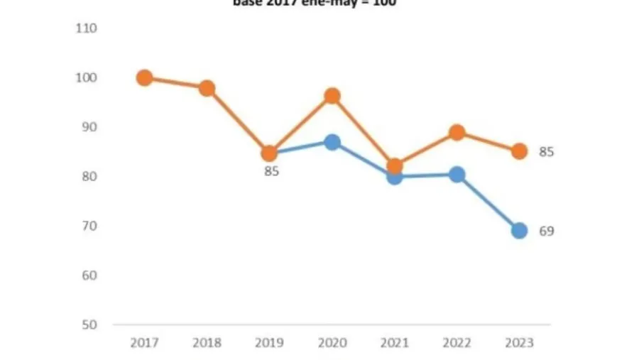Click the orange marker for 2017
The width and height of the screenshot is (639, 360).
144,78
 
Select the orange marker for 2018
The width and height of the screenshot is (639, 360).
207,89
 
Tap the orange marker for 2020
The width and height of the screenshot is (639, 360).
332,96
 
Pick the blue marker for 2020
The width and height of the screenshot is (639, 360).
332,142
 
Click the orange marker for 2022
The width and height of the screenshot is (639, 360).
457,133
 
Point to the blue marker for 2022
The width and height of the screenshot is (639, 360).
457,175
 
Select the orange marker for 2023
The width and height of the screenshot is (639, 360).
519,151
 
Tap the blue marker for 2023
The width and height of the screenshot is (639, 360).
519,231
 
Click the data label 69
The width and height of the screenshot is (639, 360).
546,231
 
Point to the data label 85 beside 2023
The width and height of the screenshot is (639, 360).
546,152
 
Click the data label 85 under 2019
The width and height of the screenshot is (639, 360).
271,171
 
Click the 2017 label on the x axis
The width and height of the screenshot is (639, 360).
144,343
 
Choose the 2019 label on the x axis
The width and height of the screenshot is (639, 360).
269,343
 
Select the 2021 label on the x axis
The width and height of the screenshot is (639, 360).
394,343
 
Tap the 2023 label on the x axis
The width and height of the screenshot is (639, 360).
519,343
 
